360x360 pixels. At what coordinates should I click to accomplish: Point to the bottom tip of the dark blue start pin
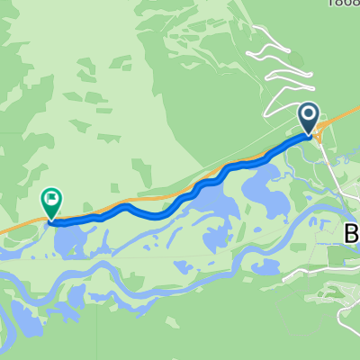(x=309, y=136)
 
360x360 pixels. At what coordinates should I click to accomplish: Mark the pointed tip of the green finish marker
(x=52, y=219)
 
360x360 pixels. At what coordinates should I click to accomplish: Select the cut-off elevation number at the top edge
(x=345, y=4)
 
